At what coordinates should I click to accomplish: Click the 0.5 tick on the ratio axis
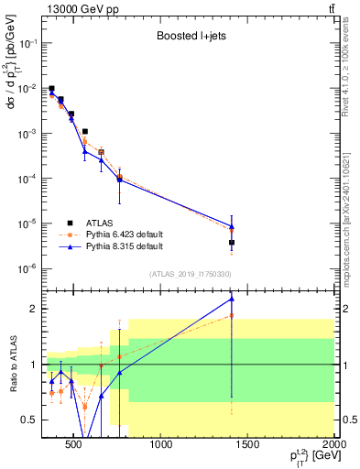[31, 420]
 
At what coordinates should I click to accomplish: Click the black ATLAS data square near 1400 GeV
[232, 243]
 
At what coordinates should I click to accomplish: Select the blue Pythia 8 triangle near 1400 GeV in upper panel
[232, 226]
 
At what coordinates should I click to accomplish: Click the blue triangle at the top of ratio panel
[232, 299]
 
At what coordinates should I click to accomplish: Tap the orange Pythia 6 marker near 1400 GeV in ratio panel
[232, 315]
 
